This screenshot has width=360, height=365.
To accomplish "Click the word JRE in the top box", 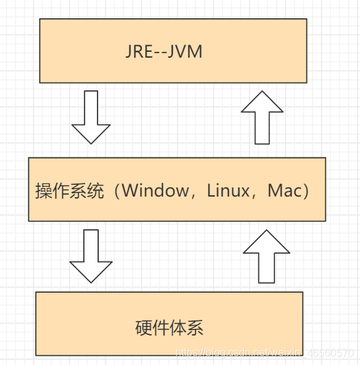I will coord(140,52).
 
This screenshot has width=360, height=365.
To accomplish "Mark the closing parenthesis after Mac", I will coord(306,191).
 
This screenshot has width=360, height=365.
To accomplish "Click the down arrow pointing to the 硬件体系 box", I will coord(91,255).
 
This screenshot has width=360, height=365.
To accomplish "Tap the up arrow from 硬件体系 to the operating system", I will coord(266,256).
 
